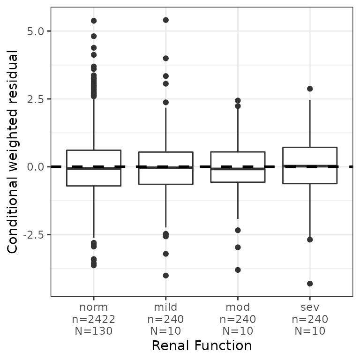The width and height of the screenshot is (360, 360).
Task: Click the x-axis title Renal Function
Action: click(x=202, y=346)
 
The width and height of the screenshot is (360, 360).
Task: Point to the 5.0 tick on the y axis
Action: click(x=36, y=31)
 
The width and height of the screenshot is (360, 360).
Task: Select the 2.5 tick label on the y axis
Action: click(x=36, y=99)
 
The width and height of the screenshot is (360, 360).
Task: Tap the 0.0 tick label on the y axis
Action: click(x=36, y=167)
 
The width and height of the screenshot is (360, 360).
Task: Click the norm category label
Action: click(x=94, y=307)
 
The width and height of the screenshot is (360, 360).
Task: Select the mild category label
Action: click(x=165, y=307)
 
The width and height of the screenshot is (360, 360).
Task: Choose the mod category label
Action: click(x=238, y=307)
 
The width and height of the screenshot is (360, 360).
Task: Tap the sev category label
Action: click(x=310, y=307)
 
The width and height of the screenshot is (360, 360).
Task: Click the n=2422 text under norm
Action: click(x=94, y=319)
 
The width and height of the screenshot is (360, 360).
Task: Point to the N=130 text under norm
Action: click(x=94, y=331)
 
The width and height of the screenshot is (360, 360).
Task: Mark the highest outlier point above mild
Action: click(x=165, y=20)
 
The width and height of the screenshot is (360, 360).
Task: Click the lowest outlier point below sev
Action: click(x=310, y=284)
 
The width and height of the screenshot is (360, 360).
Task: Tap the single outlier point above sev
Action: click(x=310, y=89)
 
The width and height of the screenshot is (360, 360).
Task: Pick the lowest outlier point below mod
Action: click(x=238, y=270)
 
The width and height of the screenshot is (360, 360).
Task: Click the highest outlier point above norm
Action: click(x=94, y=21)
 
